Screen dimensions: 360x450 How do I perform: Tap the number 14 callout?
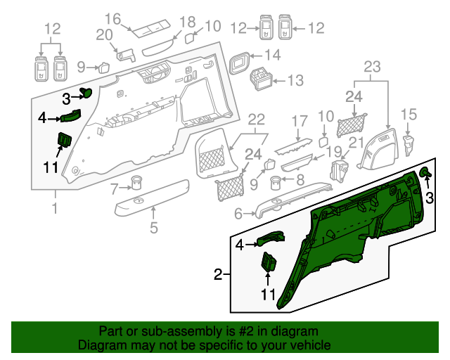(272, 55)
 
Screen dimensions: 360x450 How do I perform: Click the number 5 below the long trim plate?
(153, 227)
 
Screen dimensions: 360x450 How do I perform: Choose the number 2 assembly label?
(218, 274)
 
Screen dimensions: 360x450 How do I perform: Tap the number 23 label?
(372, 67)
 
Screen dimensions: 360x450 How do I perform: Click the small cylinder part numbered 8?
(276, 185)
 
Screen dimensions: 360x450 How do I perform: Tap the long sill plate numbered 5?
(153, 198)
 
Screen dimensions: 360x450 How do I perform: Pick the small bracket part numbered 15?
(409, 143)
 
